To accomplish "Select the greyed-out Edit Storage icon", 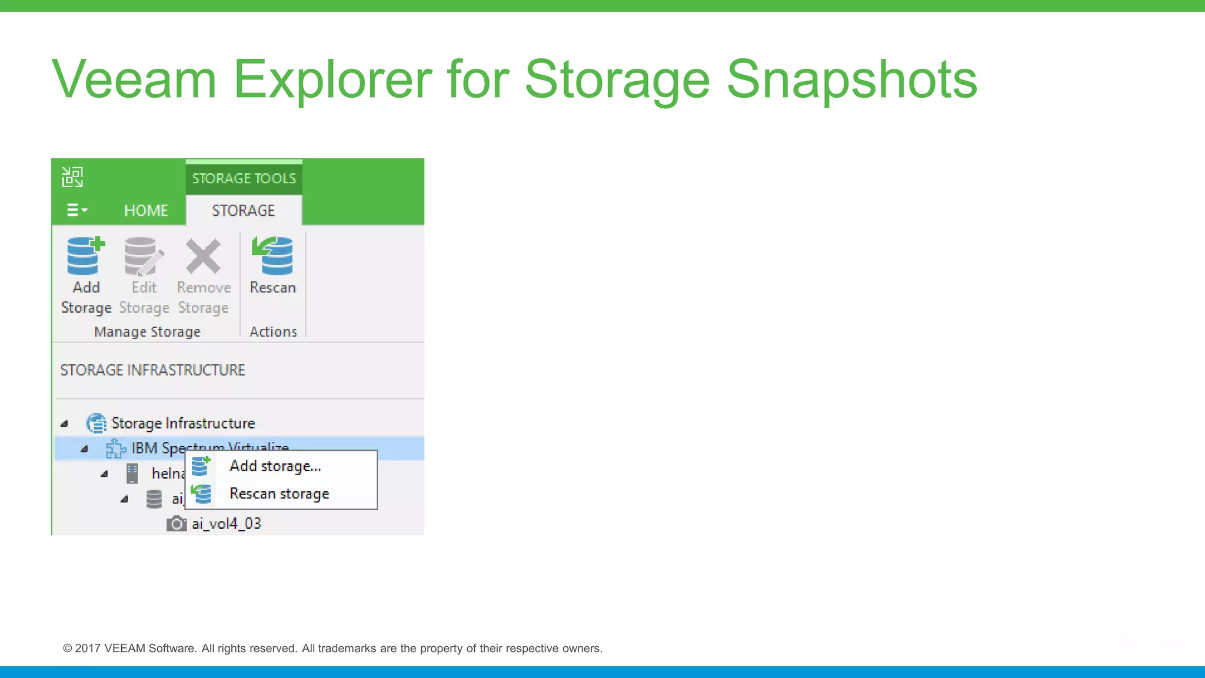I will (143, 257).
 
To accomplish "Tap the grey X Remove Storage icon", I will (203, 257).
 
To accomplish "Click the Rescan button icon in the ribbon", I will (272, 257).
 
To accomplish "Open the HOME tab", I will (146, 211).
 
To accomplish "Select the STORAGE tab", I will (243, 211).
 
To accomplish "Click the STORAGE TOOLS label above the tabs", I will (244, 178).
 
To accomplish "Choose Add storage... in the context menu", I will (275, 466).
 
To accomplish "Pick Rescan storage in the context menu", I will (279, 494).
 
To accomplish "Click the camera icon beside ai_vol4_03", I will (176, 523).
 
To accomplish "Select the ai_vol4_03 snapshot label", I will (227, 524).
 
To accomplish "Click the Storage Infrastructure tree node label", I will (183, 423).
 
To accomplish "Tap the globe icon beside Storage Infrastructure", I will (96, 423).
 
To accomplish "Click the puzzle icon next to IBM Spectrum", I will (115, 448).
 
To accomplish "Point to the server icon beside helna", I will (132, 473).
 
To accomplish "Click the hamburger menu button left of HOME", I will (76, 210).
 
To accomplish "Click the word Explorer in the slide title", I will (333, 79).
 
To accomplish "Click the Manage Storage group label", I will (147, 332).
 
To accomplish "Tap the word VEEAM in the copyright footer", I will (124, 649).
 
